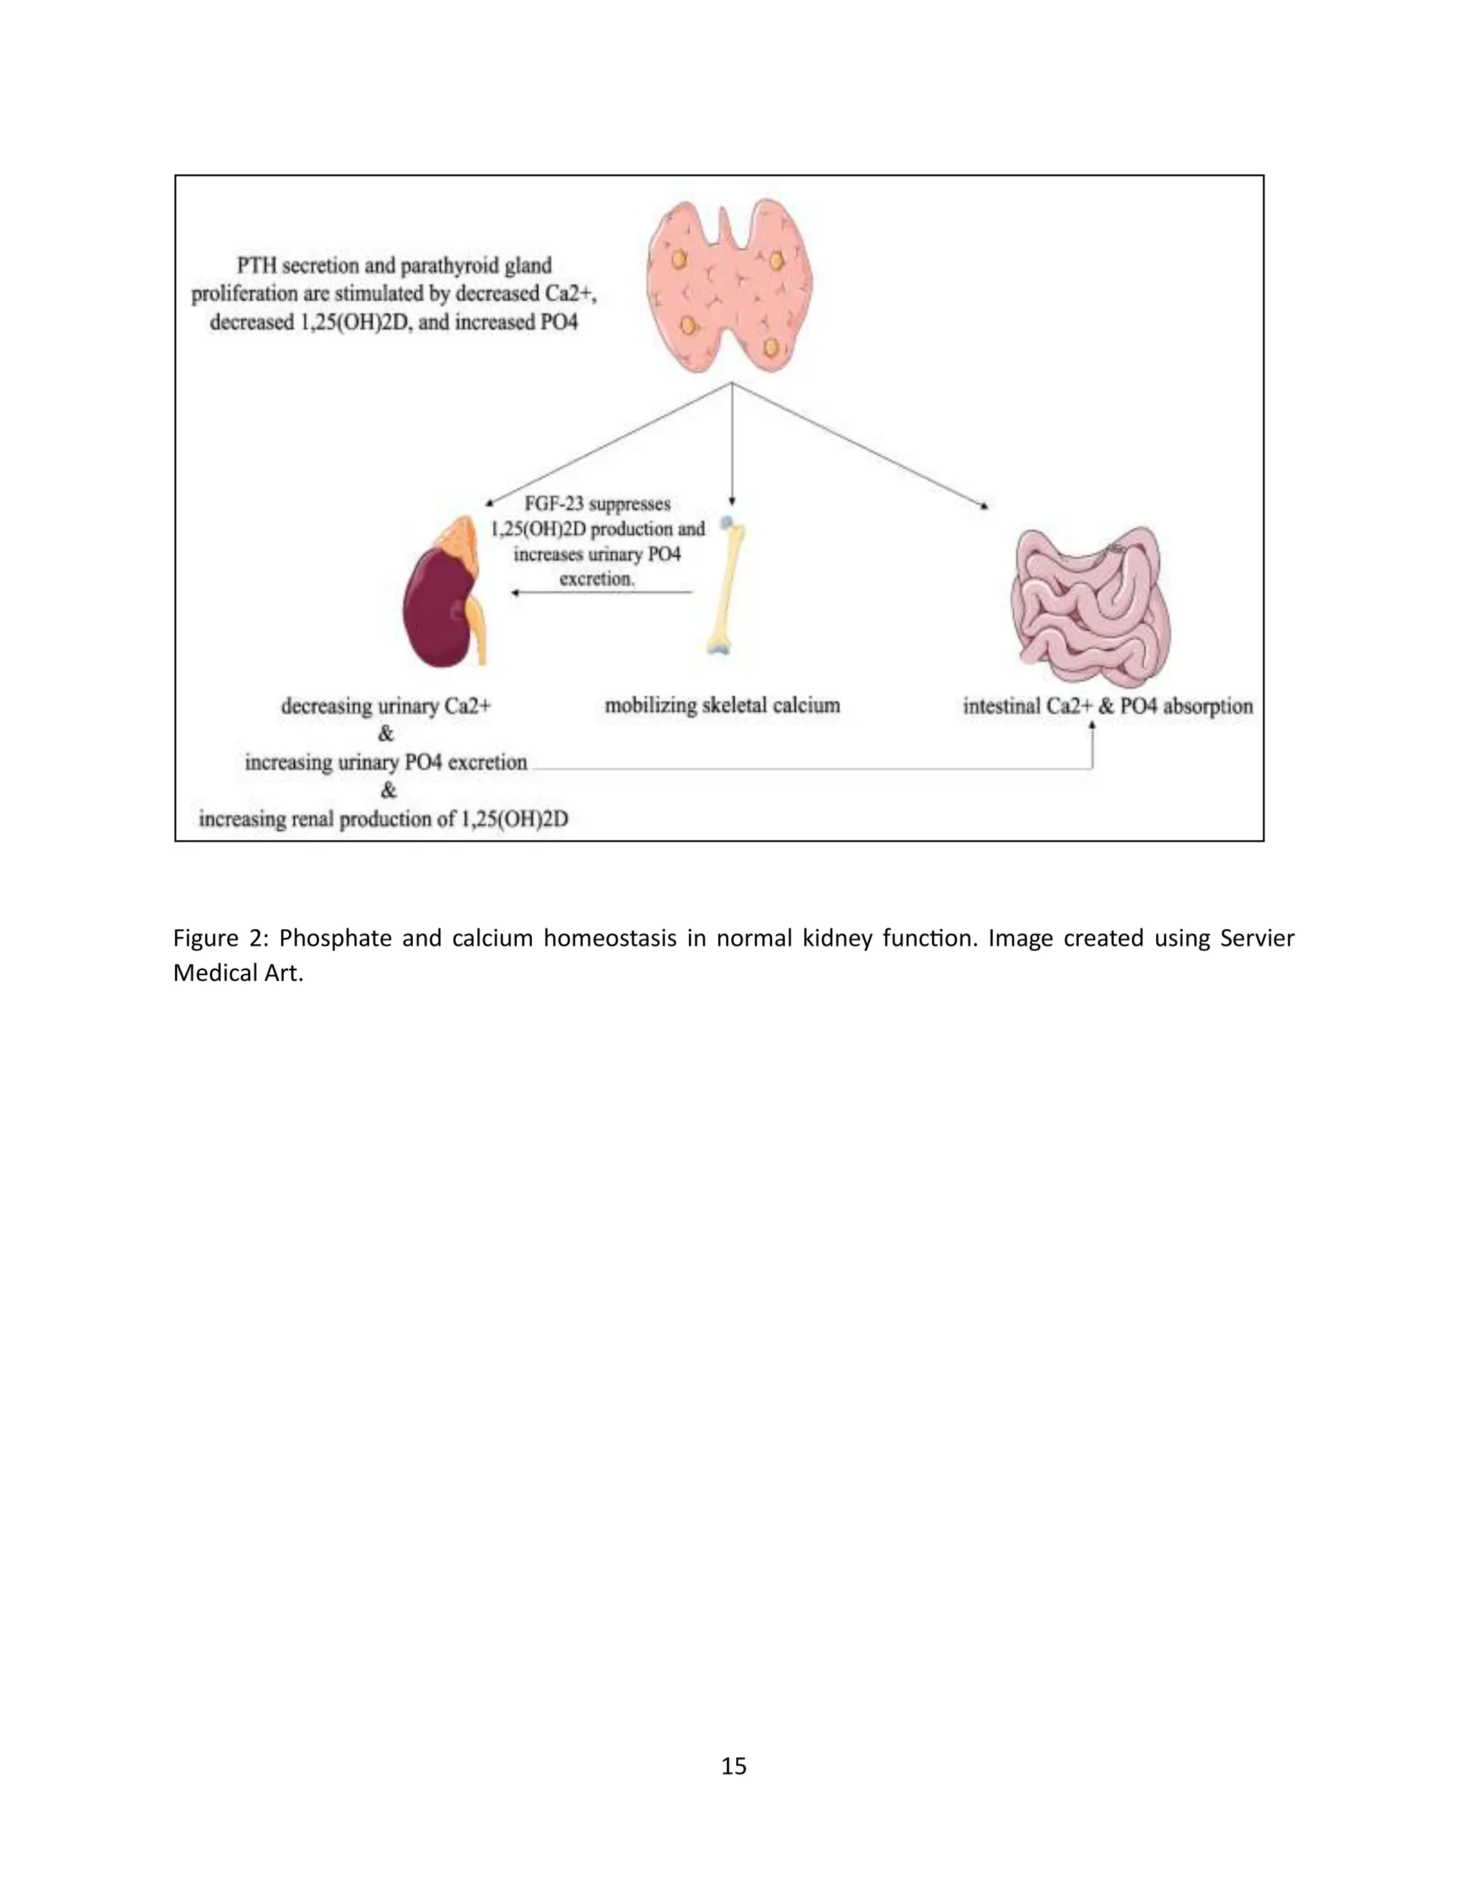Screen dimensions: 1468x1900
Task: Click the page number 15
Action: coord(733,1765)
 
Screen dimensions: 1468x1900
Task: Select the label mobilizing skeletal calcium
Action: coord(722,706)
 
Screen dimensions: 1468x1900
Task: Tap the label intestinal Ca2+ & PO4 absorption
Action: coord(1107,706)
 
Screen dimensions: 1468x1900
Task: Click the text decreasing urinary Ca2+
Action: coord(385,706)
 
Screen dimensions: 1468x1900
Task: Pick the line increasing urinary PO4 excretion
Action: coord(385,763)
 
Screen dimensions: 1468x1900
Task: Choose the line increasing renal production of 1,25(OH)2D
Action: coord(383,820)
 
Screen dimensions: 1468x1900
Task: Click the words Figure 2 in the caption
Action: coord(221,939)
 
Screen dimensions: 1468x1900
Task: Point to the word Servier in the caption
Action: coord(1257,939)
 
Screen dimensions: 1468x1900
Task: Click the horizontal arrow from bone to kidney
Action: coord(602,592)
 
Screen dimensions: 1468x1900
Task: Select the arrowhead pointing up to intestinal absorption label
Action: coord(1092,726)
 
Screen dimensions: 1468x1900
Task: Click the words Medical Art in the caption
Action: coord(237,973)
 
